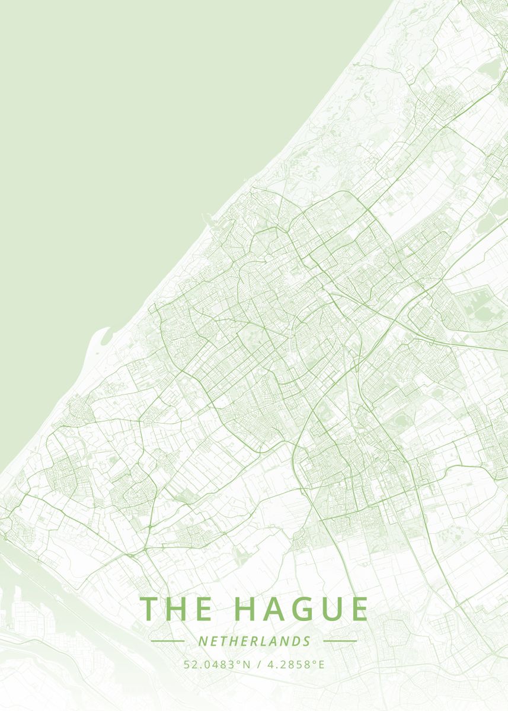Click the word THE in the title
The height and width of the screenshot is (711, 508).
click(x=177, y=609)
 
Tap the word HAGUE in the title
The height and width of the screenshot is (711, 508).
click(x=301, y=609)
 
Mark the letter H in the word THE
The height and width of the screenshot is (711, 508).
click(x=176, y=609)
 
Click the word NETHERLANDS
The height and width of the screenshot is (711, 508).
click(x=254, y=641)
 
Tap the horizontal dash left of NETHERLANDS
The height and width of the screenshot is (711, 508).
click(x=167, y=641)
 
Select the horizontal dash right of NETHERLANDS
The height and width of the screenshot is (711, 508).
click(x=340, y=641)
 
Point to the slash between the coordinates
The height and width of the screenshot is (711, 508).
click(x=260, y=664)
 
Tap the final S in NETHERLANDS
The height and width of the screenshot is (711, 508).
click(x=307, y=641)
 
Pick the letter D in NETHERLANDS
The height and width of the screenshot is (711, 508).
click(x=297, y=641)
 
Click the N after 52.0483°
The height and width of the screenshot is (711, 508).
click(x=248, y=664)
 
